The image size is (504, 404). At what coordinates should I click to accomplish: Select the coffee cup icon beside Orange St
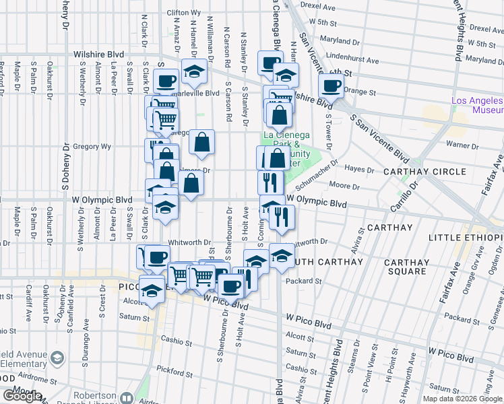[331, 86]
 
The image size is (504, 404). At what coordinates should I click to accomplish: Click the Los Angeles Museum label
[477, 105]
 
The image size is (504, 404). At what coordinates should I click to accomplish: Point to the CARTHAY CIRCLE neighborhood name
[424, 172]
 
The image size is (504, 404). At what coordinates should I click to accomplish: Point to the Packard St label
[301, 281]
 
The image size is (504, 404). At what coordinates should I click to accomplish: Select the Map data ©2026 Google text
[462, 399]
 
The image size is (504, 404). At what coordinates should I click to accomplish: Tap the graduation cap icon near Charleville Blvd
[194, 71]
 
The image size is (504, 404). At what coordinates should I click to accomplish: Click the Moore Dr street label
[342, 185]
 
